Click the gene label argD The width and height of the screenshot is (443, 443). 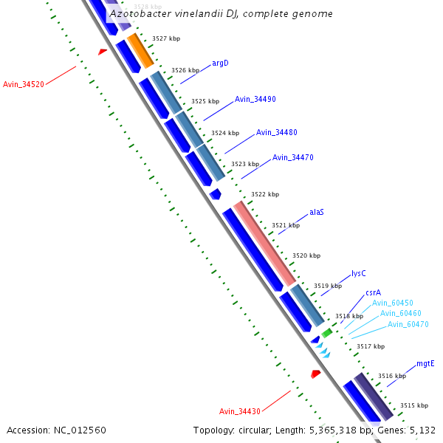pos(220,63)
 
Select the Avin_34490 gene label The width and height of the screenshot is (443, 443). pos(255,99)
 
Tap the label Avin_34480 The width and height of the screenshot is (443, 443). pos(277,132)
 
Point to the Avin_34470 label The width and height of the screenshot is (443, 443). pos(293,157)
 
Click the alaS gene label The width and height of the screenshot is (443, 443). pos(317,212)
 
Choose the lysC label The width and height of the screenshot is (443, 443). pos(359,273)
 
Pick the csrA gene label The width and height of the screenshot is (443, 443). pos(374,292)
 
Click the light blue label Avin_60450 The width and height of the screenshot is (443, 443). pos(392,303)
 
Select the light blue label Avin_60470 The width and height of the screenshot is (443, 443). pos(408,324)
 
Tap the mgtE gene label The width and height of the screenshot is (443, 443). pos(425,363)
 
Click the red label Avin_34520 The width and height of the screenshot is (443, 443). pos(24,84)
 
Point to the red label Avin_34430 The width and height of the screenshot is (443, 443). pos(240,411)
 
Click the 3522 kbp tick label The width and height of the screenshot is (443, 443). pos(265,194)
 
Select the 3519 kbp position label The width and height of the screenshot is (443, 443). pos(328,286)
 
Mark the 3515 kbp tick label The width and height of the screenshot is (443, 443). pos(413,405)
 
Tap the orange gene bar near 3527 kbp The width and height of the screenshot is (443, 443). pos(140,50)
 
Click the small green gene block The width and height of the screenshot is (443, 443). pos(326,333)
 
